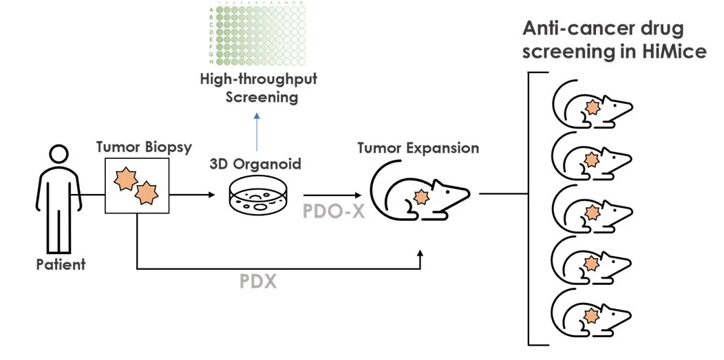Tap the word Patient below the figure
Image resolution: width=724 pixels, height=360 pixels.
(61, 264)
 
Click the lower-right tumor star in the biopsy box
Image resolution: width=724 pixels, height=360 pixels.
(147, 193)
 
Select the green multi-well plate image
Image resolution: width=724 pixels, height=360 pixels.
(257, 34)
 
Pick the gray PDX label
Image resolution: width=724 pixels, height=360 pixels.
(257, 281)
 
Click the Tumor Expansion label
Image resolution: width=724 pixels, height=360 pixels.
(418, 147)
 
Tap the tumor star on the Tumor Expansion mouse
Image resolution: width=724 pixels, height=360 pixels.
(419, 197)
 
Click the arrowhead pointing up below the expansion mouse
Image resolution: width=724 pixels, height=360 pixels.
(420, 254)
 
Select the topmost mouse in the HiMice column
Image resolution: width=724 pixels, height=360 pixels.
(590, 106)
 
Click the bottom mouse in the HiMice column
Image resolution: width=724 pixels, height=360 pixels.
(590, 315)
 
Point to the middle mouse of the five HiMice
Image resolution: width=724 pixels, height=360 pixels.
(590, 210)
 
